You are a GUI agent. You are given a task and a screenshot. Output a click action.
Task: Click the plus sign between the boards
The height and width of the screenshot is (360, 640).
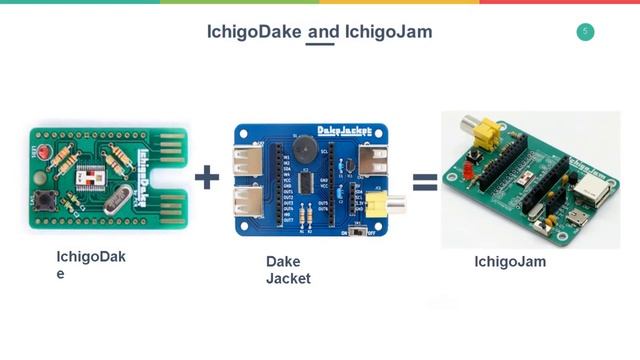pos(207,178)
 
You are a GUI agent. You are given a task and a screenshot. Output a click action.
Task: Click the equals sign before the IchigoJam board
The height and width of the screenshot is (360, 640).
pos(426,181)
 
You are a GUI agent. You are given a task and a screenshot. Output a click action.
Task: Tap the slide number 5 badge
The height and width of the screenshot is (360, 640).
pos(585,32)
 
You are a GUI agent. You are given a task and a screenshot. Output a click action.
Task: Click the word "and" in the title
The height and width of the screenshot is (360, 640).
pos(322,32)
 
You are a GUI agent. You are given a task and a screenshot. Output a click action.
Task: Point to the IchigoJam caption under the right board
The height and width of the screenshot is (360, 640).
pos(510,262)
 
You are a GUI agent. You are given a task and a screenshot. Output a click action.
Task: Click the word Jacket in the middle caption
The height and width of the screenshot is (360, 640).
pos(288,278)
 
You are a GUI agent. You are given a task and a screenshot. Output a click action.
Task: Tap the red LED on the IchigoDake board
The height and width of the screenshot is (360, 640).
pos(41,147)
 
